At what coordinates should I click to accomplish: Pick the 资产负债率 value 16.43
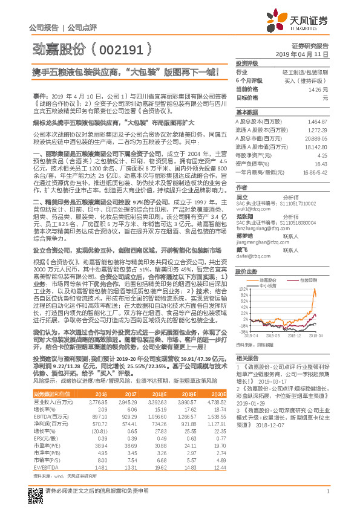click(x=321, y=164)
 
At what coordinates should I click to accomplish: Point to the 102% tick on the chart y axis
click(x=242, y=274)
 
